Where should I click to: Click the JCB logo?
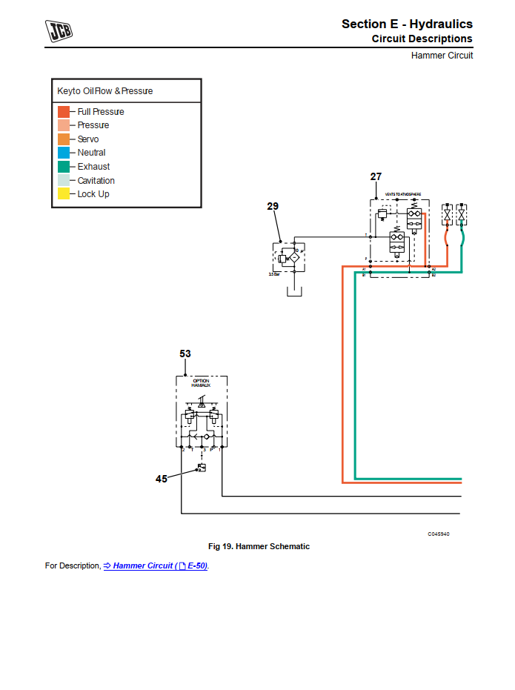(x=63, y=32)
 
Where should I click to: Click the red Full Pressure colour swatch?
(x=64, y=112)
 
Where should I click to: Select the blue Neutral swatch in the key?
(x=64, y=153)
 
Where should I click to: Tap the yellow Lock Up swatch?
(x=64, y=194)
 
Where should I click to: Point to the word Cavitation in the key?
(x=96, y=181)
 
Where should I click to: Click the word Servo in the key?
(x=88, y=139)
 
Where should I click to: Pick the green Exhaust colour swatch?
(x=64, y=167)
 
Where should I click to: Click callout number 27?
(x=376, y=176)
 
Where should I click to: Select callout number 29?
(x=273, y=207)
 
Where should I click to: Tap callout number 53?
(x=185, y=354)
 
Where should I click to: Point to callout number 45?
(x=162, y=479)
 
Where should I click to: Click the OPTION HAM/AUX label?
(x=201, y=383)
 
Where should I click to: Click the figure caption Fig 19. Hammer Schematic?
(x=259, y=546)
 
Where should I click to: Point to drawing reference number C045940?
(x=439, y=534)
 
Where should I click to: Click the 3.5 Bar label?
(x=274, y=274)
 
